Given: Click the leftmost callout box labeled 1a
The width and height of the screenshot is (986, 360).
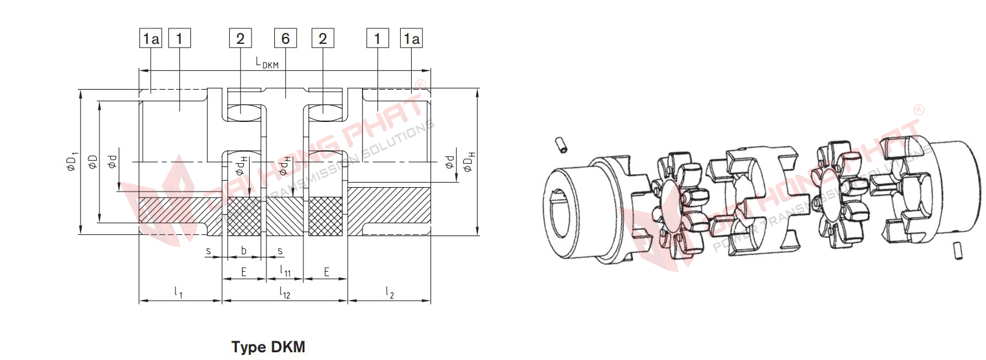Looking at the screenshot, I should pos(151,39).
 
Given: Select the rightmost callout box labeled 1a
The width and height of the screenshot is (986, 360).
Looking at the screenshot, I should pos(412,39).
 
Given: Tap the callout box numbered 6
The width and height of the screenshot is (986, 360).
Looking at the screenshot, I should pos(285,39).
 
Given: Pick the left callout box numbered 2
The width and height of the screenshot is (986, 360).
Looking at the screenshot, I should pos(240,39).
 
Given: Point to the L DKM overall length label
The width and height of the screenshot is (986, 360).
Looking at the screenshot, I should pos(267,63).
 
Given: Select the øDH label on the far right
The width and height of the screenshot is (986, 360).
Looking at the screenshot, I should pos(469,161).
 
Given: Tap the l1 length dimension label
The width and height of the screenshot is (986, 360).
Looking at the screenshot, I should pos(179,293).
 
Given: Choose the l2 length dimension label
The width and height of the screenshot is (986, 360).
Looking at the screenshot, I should pos(390,293).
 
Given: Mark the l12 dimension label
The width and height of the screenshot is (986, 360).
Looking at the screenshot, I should pos(285,293).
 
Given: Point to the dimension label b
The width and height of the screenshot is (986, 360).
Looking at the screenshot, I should pos(243,250).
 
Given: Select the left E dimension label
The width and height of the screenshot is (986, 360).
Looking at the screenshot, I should pos(243,272).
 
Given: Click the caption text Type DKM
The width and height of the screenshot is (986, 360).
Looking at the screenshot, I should pos(268,348).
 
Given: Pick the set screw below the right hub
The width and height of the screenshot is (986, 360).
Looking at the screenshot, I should pos(957,250).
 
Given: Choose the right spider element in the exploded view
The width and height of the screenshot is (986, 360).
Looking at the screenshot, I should pos(834,194).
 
